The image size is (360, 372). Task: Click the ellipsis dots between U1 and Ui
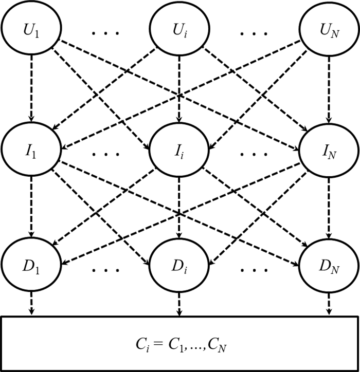(105, 34)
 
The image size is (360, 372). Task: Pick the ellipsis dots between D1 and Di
(105, 269)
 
